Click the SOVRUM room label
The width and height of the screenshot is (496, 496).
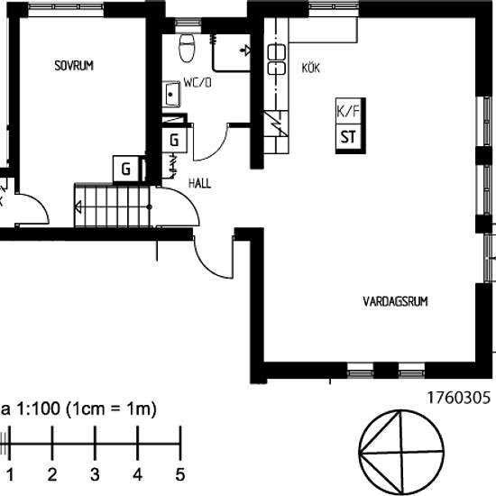pyautogui.click(x=74, y=66)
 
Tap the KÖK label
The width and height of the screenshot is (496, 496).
pyautogui.click(x=310, y=68)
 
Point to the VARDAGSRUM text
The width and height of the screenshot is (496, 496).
pyautogui.click(x=395, y=301)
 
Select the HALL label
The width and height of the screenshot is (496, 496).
pyautogui.click(x=199, y=183)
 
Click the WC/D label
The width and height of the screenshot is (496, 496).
pyautogui.click(x=197, y=83)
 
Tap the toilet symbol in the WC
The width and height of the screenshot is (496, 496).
pyautogui.click(x=187, y=48)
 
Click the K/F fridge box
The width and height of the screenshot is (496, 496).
pyautogui.click(x=349, y=111)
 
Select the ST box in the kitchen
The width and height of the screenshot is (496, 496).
pyautogui.click(x=349, y=137)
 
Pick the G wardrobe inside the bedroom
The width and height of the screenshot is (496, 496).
pyautogui.click(x=126, y=169)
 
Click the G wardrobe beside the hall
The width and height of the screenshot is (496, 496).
pyautogui.click(x=174, y=140)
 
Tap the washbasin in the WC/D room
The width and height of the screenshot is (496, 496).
pyautogui.click(x=171, y=94)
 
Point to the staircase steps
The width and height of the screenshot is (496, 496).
pyautogui.click(x=113, y=206)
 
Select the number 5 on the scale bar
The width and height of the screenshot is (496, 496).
pyautogui.click(x=180, y=474)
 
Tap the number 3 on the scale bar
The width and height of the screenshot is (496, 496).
pyautogui.click(x=95, y=474)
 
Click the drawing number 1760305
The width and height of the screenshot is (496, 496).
pyautogui.click(x=458, y=398)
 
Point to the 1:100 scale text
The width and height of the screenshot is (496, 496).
pyautogui.click(x=38, y=409)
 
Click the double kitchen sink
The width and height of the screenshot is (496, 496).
pyautogui.click(x=277, y=60)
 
